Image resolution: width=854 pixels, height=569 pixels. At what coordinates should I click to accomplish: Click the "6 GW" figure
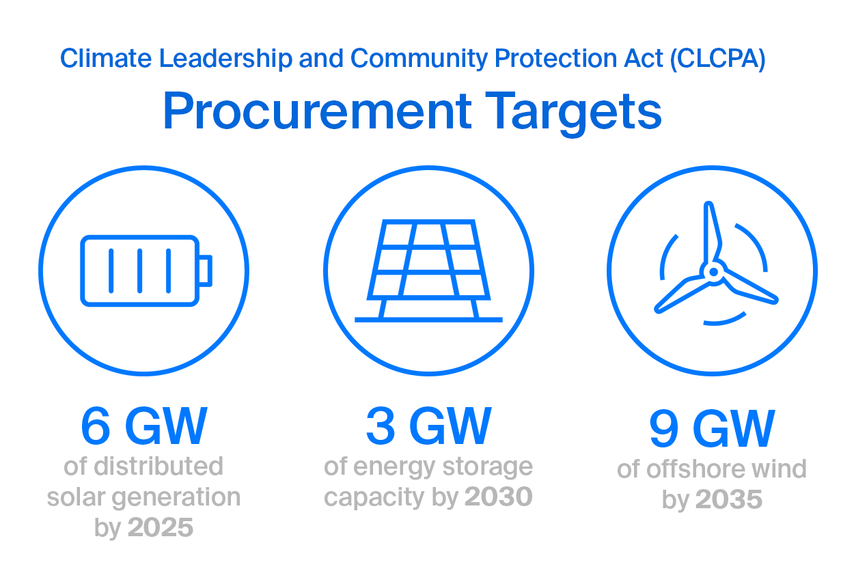(x=144, y=426)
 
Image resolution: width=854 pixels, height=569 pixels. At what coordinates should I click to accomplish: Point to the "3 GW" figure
(x=428, y=426)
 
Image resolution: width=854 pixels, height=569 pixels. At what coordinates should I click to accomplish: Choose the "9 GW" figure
(x=712, y=428)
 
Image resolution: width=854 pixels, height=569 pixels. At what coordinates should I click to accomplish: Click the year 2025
(x=161, y=527)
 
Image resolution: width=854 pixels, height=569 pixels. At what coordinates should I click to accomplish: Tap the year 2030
(x=499, y=497)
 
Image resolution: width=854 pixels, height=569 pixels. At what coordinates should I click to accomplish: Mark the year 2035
(x=729, y=499)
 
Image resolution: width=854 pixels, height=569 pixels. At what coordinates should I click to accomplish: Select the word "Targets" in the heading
(x=573, y=113)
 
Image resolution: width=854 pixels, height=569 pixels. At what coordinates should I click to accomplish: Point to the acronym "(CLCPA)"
(x=718, y=59)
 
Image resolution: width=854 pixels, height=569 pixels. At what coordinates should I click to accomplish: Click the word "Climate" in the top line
(x=106, y=58)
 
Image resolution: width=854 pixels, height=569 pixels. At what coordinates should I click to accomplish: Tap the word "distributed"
(x=159, y=466)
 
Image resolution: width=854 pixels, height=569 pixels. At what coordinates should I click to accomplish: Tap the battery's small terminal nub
(x=206, y=270)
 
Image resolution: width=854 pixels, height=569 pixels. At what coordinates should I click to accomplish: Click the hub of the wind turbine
(x=714, y=272)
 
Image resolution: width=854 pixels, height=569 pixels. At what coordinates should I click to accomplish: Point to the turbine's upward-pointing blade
(x=711, y=232)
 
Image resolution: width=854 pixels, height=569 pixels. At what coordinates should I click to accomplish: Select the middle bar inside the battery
(x=140, y=271)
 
